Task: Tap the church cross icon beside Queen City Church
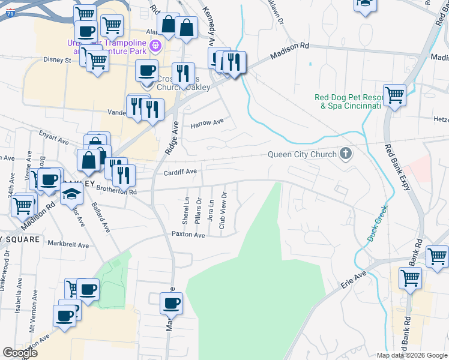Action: click(x=345, y=154)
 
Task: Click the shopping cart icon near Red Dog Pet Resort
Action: click(x=394, y=95)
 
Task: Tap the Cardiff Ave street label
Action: click(x=180, y=172)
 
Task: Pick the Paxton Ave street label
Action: click(x=188, y=235)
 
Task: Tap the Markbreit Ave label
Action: click(x=68, y=245)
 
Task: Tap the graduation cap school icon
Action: click(x=71, y=193)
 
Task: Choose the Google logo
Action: click(x=20, y=352)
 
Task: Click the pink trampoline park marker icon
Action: click(x=155, y=45)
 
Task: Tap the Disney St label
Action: click(x=57, y=60)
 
